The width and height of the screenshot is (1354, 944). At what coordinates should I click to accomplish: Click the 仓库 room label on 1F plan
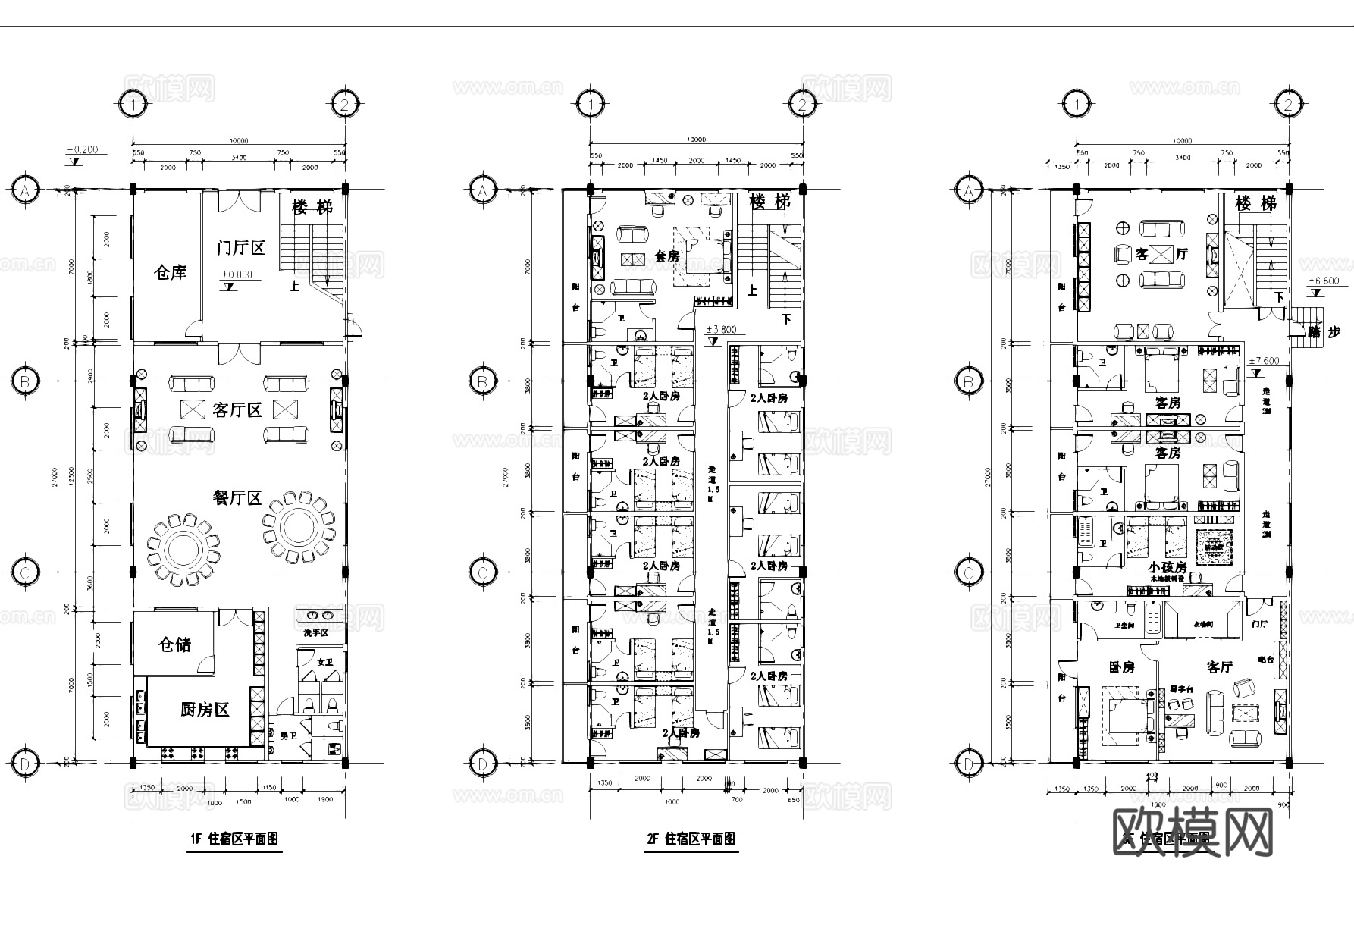point(170,272)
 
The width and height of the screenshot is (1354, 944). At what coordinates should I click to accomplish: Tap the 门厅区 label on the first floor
point(240,247)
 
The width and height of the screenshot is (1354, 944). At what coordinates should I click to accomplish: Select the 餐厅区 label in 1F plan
point(237,498)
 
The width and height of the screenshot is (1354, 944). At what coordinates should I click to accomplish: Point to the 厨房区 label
point(205,710)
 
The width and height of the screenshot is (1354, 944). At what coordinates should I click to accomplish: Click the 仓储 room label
point(174,644)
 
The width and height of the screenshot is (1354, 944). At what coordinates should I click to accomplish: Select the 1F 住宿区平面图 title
point(234,839)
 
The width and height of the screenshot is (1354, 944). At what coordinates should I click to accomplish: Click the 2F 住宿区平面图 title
point(691,839)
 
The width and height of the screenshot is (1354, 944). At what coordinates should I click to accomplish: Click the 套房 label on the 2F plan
point(666,256)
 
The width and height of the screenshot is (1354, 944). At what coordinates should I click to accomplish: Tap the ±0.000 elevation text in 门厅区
point(237,274)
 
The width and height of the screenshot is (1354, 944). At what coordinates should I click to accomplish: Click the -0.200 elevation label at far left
point(82,149)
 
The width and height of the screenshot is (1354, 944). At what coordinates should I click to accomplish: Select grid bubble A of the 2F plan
point(482,191)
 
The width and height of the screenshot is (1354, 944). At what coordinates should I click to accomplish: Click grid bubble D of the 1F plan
point(24,763)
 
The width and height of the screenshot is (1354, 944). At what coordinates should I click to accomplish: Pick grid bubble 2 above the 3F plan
point(1288,104)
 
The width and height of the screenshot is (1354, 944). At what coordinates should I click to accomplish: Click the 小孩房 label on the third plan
point(1167,566)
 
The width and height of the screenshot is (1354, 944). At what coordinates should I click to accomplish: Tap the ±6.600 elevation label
point(1324,281)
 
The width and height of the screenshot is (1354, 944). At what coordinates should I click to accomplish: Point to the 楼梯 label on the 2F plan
point(770,202)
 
